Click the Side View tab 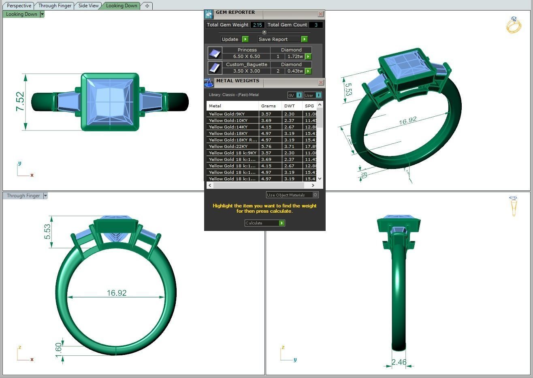pyautogui.click(x=88, y=6)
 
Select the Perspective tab pyautogui.click(x=19, y=6)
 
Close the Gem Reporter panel pyautogui.click(x=320, y=14)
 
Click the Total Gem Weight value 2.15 pyautogui.click(x=257, y=25)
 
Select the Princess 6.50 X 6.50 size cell pyautogui.click(x=246, y=56)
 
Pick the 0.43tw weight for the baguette pyautogui.click(x=295, y=71)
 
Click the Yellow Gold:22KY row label pyautogui.click(x=228, y=146)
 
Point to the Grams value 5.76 pyautogui.click(x=266, y=146)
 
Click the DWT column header pyautogui.click(x=290, y=106)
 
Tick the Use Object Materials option pyautogui.click(x=315, y=195)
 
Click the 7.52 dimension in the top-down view pyautogui.click(x=20, y=102)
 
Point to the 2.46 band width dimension pyautogui.click(x=399, y=362)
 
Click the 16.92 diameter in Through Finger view pyautogui.click(x=116, y=293)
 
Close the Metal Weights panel pyautogui.click(x=321, y=83)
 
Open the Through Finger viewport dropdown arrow pyautogui.click(x=45, y=196)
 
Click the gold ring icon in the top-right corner pyautogui.click(x=514, y=25)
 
